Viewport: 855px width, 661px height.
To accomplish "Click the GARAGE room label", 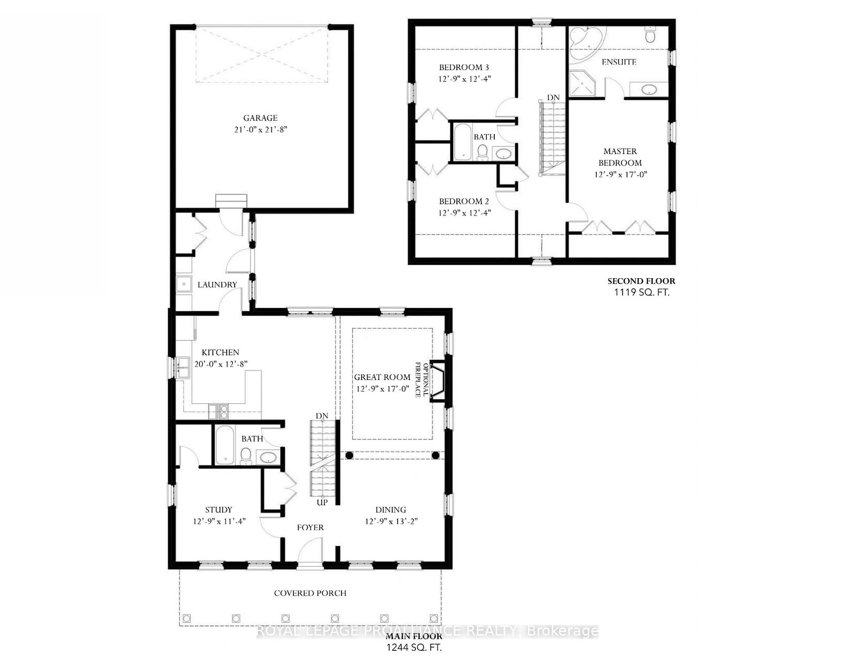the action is [x=260, y=118].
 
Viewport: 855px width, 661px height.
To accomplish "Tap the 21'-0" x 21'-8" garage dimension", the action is [x=261, y=129].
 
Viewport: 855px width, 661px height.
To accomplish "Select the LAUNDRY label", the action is [x=217, y=285].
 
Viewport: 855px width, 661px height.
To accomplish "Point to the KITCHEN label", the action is [x=220, y=352].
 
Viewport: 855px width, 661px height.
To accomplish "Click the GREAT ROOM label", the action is [x=382, y=377].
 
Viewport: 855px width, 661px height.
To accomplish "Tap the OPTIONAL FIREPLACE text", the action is [x=422, y=380].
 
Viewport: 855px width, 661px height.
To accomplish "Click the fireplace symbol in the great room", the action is [x=439, y=381].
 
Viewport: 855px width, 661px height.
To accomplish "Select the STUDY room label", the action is [x=219, y=510].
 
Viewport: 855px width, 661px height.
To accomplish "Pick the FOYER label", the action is [x=310, y=527].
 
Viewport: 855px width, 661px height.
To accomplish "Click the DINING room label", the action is [x=391, y=510].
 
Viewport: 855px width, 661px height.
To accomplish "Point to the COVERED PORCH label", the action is [x=310, y=593].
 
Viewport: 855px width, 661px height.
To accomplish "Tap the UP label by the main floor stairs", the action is [x=322, y=503].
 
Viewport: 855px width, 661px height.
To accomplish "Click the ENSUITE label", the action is [x=619, y=62].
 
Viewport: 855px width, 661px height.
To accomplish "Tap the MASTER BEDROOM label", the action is [x=620, y=157].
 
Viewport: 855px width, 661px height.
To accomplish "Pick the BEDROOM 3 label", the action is [x=464, y=67].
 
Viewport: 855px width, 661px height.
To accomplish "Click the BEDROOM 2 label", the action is [x=464, y=201].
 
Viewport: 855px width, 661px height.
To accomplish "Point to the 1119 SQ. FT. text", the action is [x=642, y=293].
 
